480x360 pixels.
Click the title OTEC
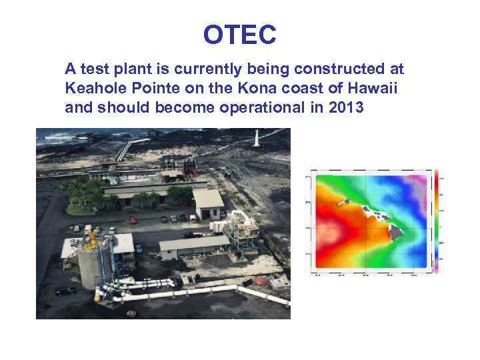[239, 35]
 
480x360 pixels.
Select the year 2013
[346, 107]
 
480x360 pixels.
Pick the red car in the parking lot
[133, 220]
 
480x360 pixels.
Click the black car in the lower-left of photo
[65, 291]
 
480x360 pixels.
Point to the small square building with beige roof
[208, 203]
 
